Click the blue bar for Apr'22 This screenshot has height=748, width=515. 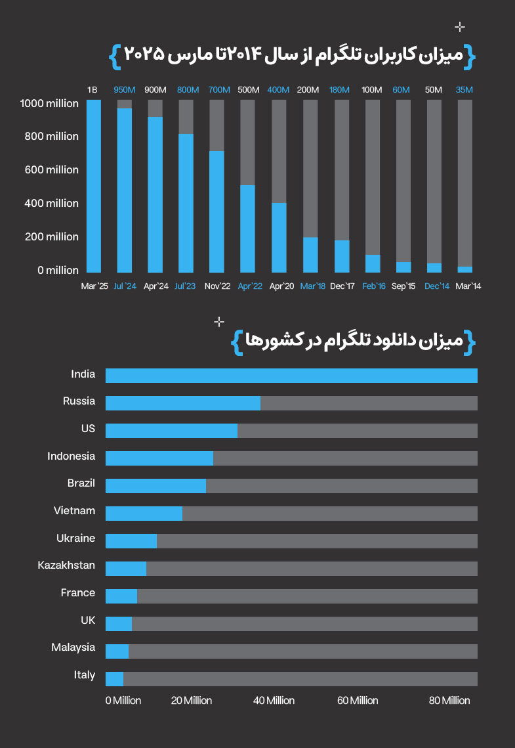coord(247,229)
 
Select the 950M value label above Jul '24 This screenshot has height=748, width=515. coord(125,90)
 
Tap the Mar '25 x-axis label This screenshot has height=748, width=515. coord(94,286)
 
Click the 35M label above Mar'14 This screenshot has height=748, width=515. coord(464,90)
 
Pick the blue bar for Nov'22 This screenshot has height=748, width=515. coord(216,211)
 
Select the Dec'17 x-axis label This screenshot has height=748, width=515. coord(342,286)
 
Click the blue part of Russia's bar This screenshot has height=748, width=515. coord(183,403)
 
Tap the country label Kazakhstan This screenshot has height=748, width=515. coord(66,565)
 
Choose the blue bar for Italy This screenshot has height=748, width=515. coord(114,679)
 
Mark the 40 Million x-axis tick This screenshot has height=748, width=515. coord(274,701)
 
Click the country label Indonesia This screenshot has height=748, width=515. coord(71,456)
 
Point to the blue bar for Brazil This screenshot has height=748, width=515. coord(155,486)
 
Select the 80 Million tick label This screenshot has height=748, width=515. coord(449,701)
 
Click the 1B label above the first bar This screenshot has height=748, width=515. coord(93,90)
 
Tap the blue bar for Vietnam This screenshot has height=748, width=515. coord(144,514)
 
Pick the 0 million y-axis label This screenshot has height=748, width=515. coord(58,271)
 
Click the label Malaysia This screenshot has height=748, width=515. coord(73,648)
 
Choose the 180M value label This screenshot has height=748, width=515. coord(339,90)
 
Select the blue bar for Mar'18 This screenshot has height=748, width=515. coord(310,255)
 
